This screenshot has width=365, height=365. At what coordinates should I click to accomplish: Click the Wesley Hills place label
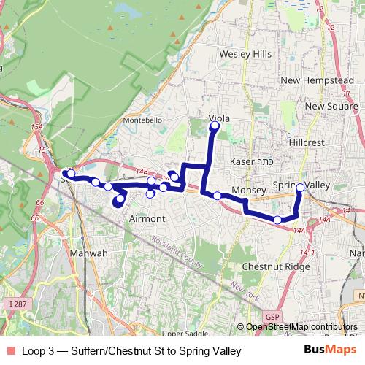pos(245,55)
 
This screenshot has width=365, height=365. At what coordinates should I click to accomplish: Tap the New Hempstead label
pos(311,80)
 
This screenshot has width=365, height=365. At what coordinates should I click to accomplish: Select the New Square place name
pos(325,107)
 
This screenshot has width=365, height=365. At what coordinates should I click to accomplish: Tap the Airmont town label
pos(147,219)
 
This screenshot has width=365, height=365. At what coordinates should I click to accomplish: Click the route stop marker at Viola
pos(215,127)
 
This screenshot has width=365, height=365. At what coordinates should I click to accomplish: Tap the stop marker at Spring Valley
pos(300,188)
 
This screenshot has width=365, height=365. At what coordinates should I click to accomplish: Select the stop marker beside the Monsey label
pos(217,195)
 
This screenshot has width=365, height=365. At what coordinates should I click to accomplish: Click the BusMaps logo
pos(331,351)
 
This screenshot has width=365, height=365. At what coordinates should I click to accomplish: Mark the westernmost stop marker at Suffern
pos(70,174)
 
